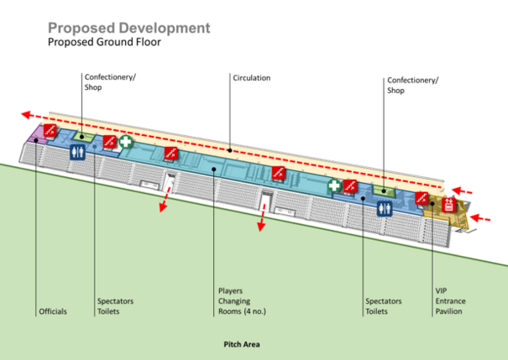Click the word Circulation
[252, 78]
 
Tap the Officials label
[52, 311]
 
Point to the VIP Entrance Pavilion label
[450, 301]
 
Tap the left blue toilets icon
[76, 153]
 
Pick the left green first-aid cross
[125, 142]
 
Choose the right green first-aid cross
[333, 185]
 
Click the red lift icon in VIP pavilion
[448, 205]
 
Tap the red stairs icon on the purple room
[51, 131]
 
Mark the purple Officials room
[36, 135]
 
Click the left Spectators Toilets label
[115, 306]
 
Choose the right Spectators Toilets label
[383, 306]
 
